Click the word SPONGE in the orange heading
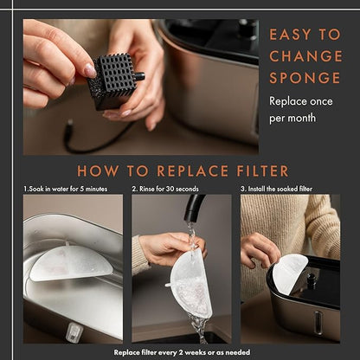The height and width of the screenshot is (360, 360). coord(305,78)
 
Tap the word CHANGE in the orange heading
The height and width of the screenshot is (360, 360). coord(305,56)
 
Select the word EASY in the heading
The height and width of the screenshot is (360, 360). coord(290,35)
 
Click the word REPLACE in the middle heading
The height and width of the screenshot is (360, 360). coord(192,171)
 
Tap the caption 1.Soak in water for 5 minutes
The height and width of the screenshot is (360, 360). coord(66,189)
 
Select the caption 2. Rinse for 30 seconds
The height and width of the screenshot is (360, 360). coord(165,189)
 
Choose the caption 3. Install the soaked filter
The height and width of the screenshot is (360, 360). coord(276,189)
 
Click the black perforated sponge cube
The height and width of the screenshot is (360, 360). coord(113,80)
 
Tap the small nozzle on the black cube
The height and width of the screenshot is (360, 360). coord(139,76)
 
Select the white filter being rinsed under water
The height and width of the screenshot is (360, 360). coord(190,285)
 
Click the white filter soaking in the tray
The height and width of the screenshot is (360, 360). coord(71,262)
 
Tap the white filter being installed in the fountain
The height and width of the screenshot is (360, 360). coord(289,273)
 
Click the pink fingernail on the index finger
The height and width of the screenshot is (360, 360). coord(90,71)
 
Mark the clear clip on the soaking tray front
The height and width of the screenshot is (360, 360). coord(74,331)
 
